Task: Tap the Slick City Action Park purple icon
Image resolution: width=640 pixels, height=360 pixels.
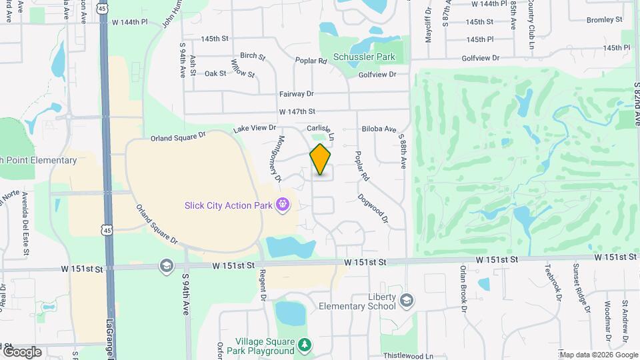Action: pos(283,204)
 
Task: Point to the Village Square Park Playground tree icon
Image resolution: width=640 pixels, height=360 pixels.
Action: pos(304,344)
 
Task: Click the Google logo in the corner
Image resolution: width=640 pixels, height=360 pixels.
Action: pos(22,352)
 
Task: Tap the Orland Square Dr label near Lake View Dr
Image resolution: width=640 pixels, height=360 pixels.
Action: pos(178,136)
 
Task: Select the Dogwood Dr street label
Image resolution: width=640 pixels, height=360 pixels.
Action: pos(373,209)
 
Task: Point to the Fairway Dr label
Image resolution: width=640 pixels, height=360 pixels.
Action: pos(296,94)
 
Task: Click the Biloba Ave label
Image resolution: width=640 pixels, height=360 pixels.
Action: pos(379,128)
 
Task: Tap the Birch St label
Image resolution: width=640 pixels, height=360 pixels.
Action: pos(253,56)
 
